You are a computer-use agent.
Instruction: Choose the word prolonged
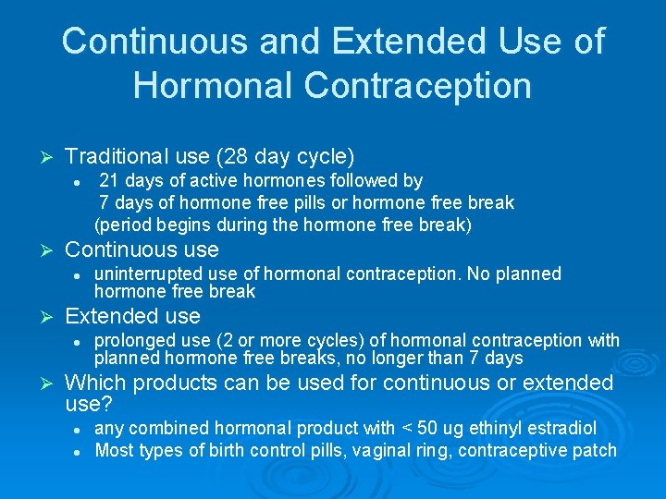click(135, 340)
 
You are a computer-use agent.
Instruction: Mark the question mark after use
click(108, 405)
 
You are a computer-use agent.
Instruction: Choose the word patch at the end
click(596, 451)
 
